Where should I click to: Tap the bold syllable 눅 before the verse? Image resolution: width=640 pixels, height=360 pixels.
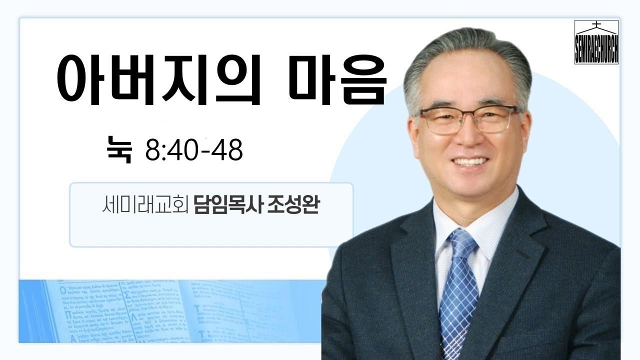coord(119,149)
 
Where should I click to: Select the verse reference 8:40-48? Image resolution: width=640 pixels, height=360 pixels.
coord(194,149)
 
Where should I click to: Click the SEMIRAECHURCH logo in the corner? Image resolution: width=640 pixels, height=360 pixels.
coord(596,42)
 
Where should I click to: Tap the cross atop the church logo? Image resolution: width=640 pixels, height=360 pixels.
coord(596,24)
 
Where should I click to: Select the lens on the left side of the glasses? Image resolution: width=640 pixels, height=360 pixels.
coord(443,121)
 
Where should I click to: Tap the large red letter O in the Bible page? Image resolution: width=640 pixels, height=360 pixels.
coord(62,290)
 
